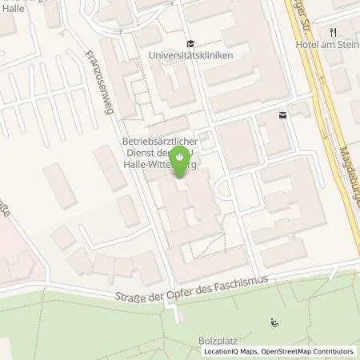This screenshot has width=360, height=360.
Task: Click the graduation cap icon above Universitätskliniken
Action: [x=189, y=43]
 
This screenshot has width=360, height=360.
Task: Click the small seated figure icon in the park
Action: [x=275, y=323]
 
